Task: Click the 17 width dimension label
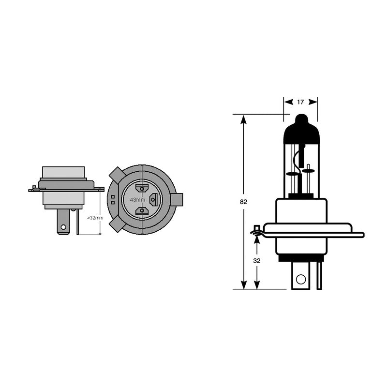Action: point(300,102)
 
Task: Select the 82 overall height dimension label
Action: point(243,202)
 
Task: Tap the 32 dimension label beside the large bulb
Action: point(257,260)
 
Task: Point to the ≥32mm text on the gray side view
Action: point(95,218)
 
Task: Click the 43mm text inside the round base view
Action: point(137,199)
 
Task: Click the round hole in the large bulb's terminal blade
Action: point(300,279)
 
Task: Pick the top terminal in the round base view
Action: point(142,188)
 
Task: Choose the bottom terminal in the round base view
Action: point(142,210)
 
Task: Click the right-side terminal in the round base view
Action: point(154,199)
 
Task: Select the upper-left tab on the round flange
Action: point(117,174)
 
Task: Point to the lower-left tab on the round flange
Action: point(117,224)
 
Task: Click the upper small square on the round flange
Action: point(113,196)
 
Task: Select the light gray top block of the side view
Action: point(63,172)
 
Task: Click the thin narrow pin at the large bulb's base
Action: point(319,276)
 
